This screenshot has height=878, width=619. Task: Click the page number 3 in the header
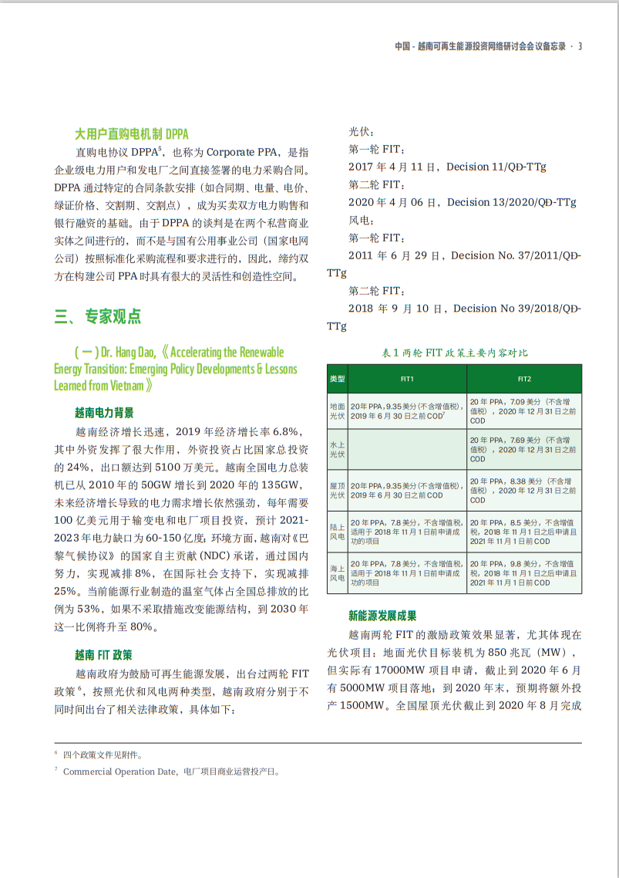pyautogui.click(x=580, y=46)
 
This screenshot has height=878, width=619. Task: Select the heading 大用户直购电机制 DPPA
pyautogui.click(x=131, y=133)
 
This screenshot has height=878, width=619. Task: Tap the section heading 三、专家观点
pyautogui.click(x=97, y=316)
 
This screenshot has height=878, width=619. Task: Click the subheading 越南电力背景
pyautogui.click(x=104, y=412)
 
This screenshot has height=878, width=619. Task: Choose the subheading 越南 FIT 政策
pyautogui.click(x=103, y=655)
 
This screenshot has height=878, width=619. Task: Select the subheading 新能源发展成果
pyautogui.click(x=382, y=616)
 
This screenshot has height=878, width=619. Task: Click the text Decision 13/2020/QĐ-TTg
pyautogui.click(x=512, y=202)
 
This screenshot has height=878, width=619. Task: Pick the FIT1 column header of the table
pyautogui.click(x=407, y=380)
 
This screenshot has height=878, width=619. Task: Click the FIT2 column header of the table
pyautogui.click(x=524, y=380)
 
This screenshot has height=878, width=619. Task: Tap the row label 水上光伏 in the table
pyautogui.click(x=338, y=449)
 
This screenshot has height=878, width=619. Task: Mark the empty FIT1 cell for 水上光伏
pyautogui.click(x=407, y=449)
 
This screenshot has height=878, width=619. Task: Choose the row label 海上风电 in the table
pyautogui.click(x=338, y=572)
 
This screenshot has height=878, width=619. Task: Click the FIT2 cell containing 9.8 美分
pyautogui.click(x=524, y=572)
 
